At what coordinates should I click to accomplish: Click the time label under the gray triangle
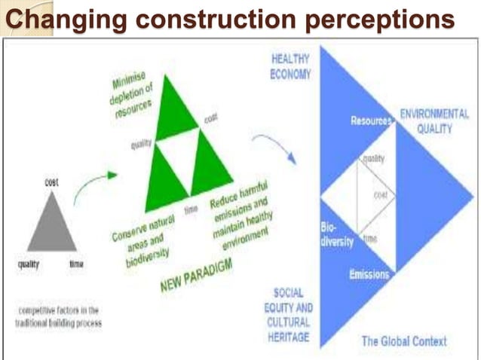(x=77, y=264)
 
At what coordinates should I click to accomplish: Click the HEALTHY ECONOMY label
(x=290, y=66)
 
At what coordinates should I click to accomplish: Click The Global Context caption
(x=403, y=341)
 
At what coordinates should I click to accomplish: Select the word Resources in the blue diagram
(x=371, y=121)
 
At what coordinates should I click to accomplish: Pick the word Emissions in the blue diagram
(x=369, y=274)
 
